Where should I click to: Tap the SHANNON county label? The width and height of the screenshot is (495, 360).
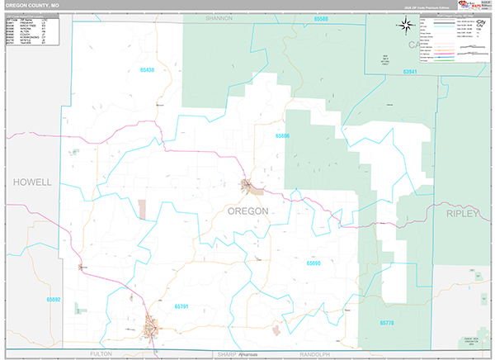tap(219, 17)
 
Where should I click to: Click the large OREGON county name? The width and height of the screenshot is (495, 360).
tap(247, 211)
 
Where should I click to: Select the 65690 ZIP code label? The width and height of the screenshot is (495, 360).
tap(313, 263)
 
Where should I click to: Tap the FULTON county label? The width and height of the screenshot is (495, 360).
tap(100, 353)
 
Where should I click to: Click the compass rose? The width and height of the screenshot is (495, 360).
tap(408, 24)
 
